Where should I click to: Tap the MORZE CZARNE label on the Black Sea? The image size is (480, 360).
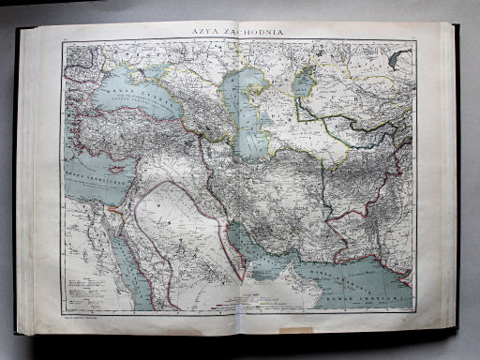[x=141, y=95]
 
